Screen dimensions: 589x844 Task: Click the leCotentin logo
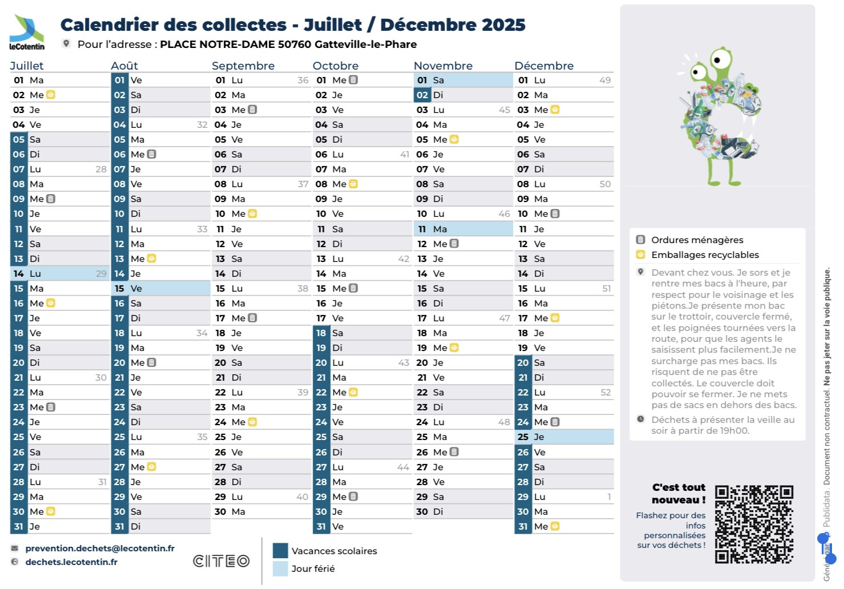[26, 33]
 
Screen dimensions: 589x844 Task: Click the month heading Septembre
[243, 66]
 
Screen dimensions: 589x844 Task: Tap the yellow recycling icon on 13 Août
[152, 259]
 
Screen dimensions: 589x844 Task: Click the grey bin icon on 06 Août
[152, 154]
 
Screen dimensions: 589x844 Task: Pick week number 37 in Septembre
[302, 184]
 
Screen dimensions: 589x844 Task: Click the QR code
[754, 524]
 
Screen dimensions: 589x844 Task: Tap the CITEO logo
[221, 561]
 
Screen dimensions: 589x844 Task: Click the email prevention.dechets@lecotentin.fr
[100, 548]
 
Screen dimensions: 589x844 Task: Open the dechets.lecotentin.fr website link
[71, 562]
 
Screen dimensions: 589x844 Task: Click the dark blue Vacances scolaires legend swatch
[280, 551]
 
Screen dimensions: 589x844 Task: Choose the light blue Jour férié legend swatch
[280, 568]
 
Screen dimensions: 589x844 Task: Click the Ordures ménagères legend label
[697, 240]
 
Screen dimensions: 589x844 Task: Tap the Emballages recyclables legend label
[705, 255]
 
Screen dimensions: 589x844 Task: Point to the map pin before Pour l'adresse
[66, 44]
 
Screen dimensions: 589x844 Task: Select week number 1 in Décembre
[609, 497]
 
